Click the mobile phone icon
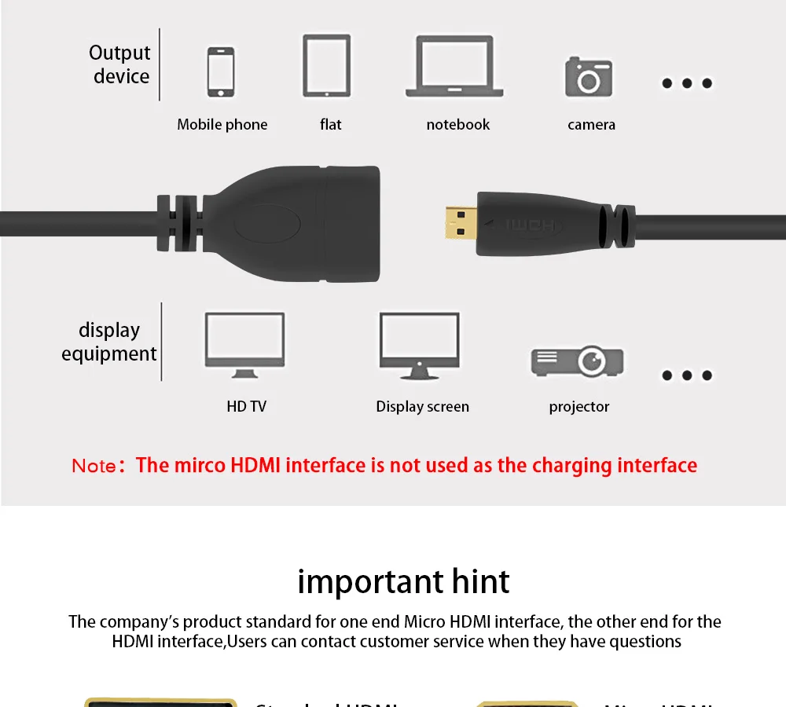click(x=220, y=72)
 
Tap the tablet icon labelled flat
click(x=326, y=66)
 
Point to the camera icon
click(x=588, y=76)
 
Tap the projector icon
click(x=578, y=361)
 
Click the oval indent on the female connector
click(x=267, y=225)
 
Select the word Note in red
click(x=94, y=466)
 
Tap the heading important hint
click(x=403, y=582)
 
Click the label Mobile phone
click(x=222, y=124)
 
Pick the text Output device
click(x=120, y=64)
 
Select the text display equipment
click(x=109, y=342)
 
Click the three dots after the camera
click(x=687, y=82)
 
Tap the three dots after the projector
click(x=687, y=375)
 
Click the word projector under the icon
click(x=579, y=406)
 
